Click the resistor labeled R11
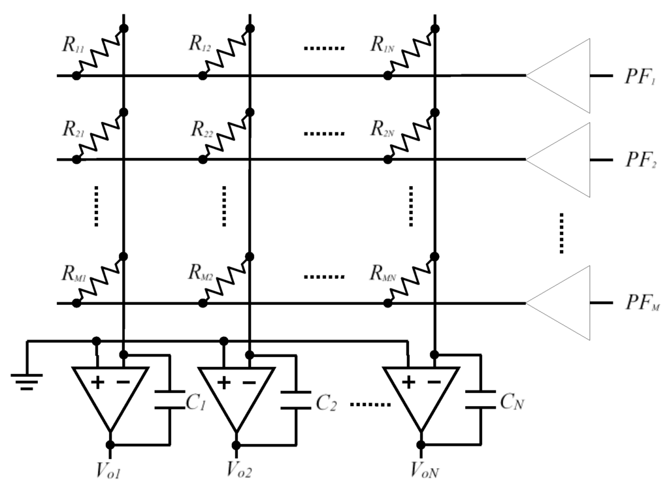click(x=99, y=52)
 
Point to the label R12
click(x=199, y=43)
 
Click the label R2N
click(x=382, y=128)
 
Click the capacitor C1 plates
click(x=170, y=400)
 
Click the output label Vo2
click(x=240, y=469)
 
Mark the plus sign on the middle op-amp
click(x=223, y=383)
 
